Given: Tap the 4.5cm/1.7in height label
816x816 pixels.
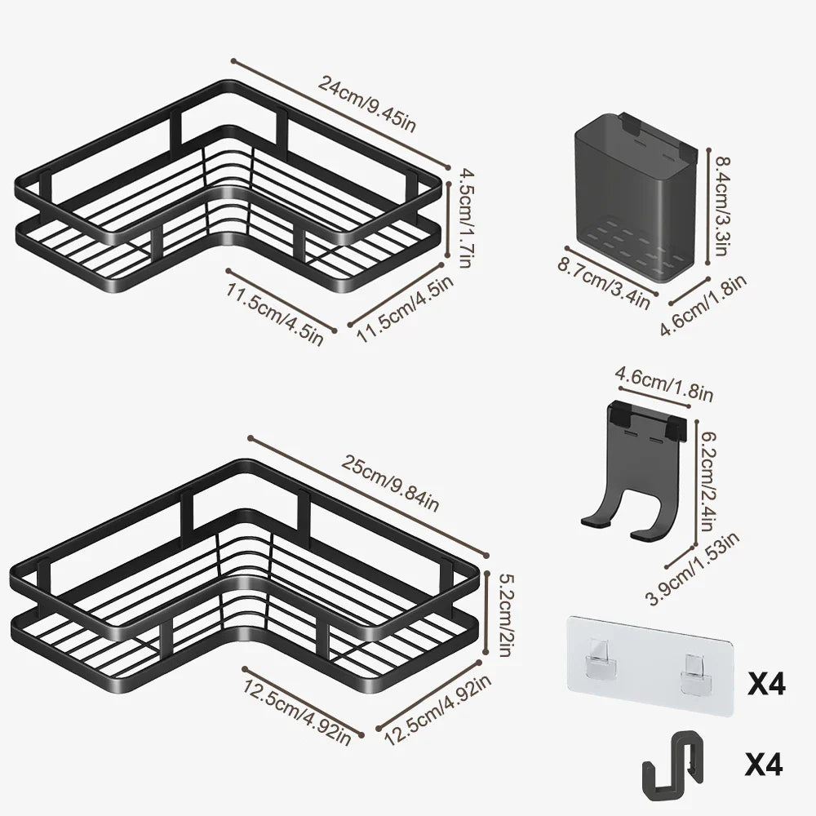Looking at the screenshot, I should click(465, 218).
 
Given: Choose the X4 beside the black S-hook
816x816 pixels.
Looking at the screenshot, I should click(763, 765).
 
